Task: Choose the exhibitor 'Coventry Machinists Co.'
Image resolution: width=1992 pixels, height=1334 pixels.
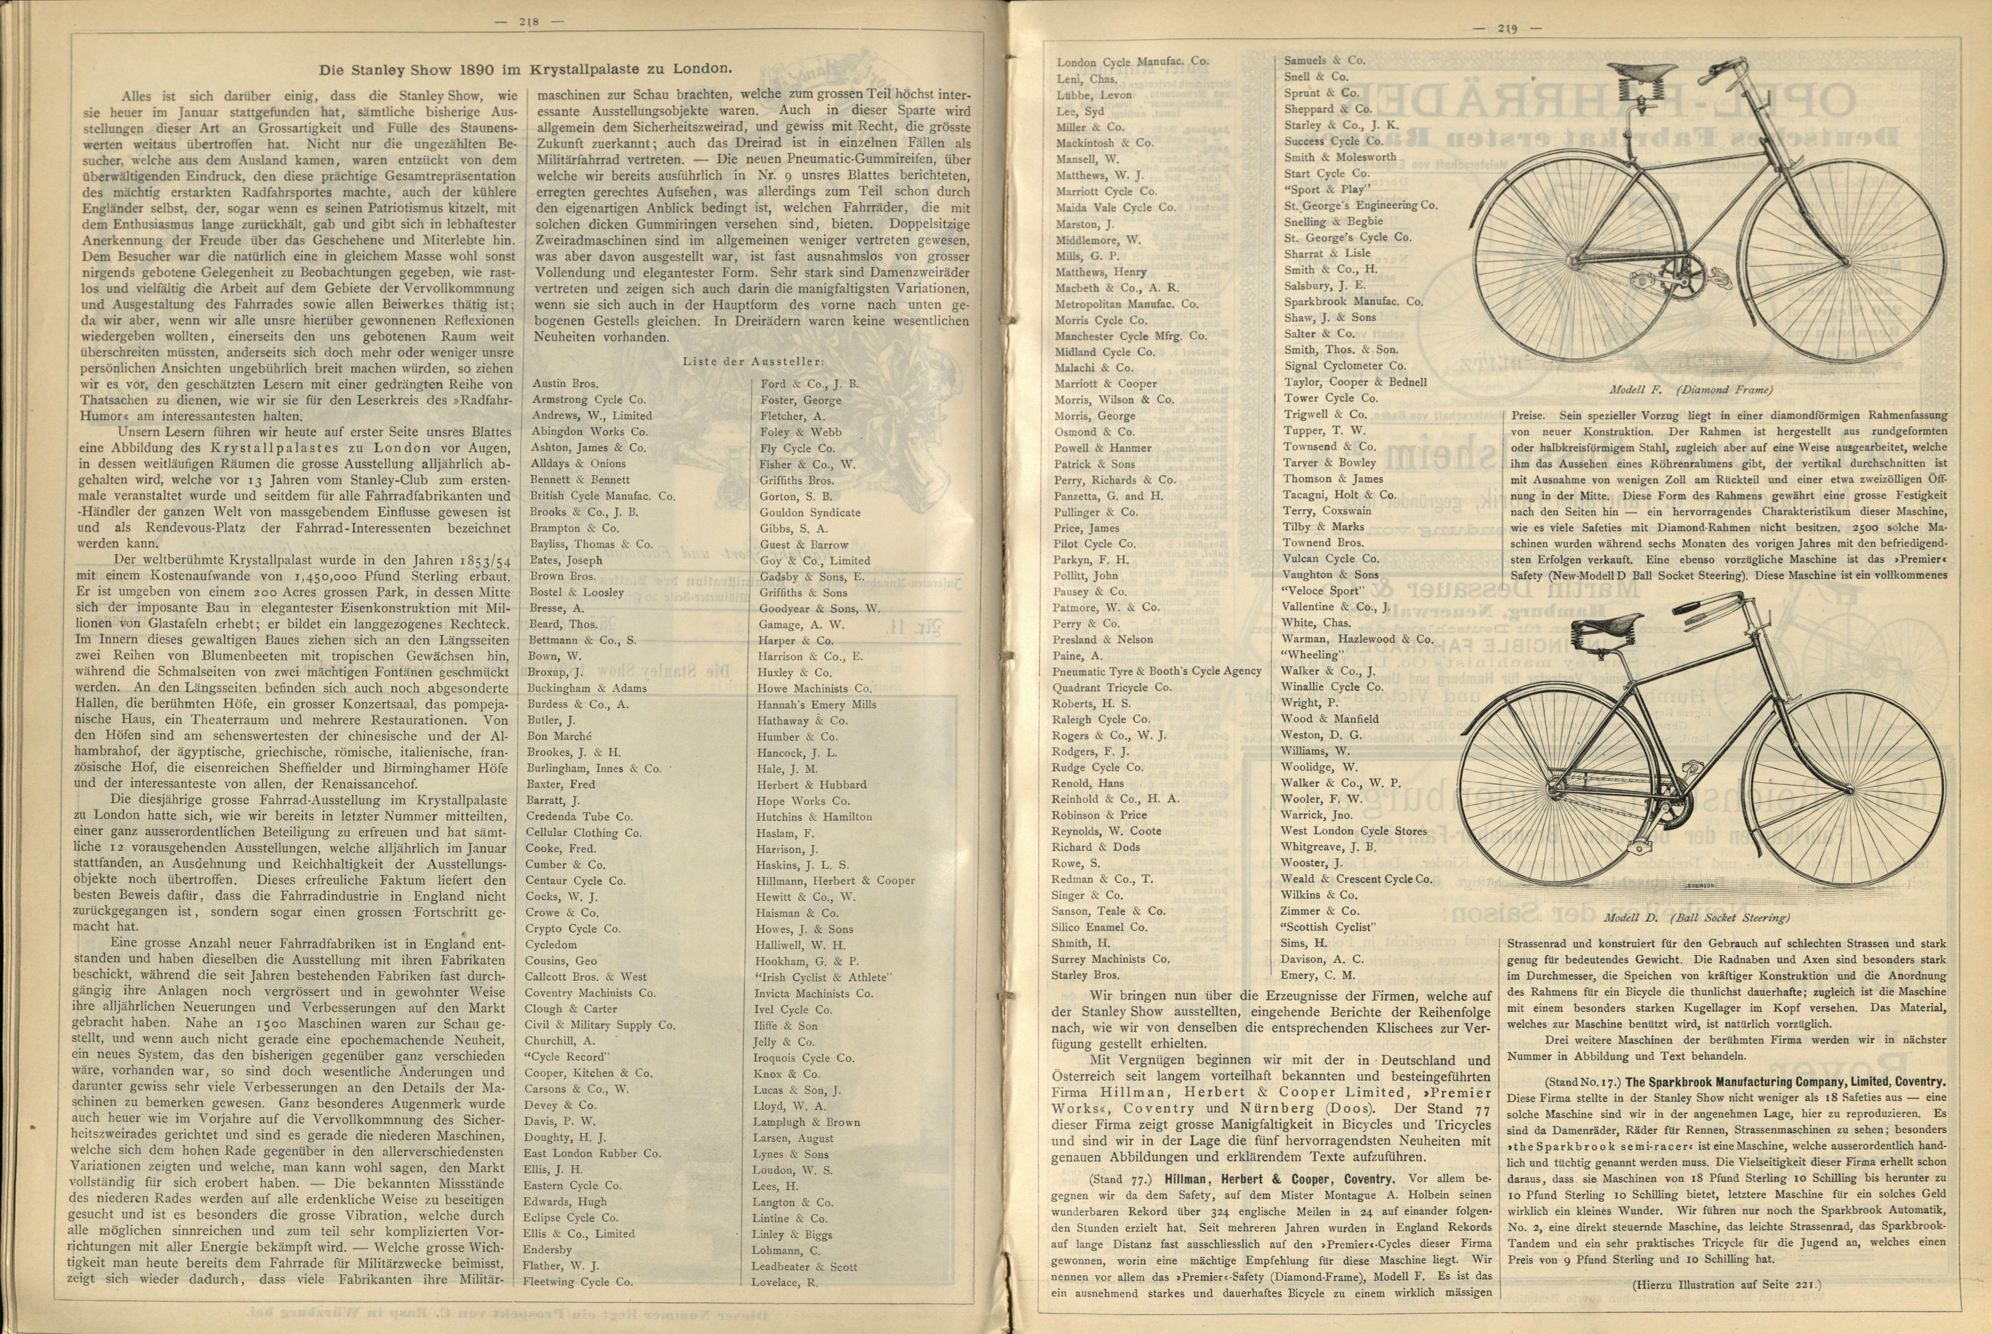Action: (590, 993)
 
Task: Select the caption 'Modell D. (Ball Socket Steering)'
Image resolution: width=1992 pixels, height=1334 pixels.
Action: (1696, 918)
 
